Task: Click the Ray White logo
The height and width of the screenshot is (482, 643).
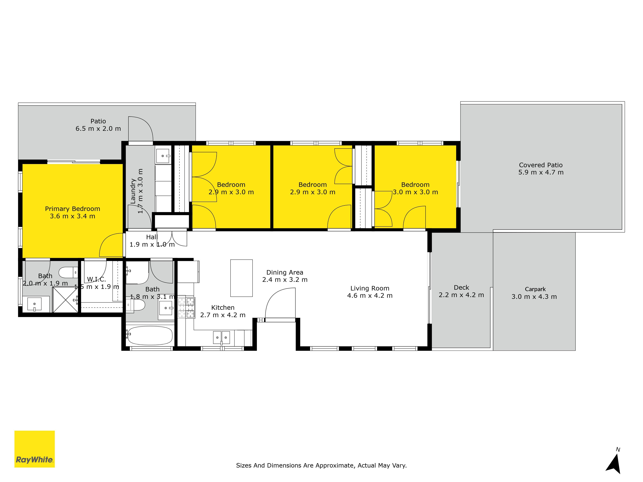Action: point(35,449)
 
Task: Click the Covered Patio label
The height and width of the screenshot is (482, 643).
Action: point(541,165)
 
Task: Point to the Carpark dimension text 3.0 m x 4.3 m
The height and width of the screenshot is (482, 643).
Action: point(534,297)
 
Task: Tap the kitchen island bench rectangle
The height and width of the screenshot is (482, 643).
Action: point(241,278)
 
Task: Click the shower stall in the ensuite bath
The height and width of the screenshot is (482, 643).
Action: point(65,299)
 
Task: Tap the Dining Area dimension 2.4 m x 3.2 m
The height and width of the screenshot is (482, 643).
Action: point(285,280)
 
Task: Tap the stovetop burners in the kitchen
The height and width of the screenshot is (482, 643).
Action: point(186,307)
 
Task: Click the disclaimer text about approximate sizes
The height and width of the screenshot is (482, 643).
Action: point(321,465)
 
